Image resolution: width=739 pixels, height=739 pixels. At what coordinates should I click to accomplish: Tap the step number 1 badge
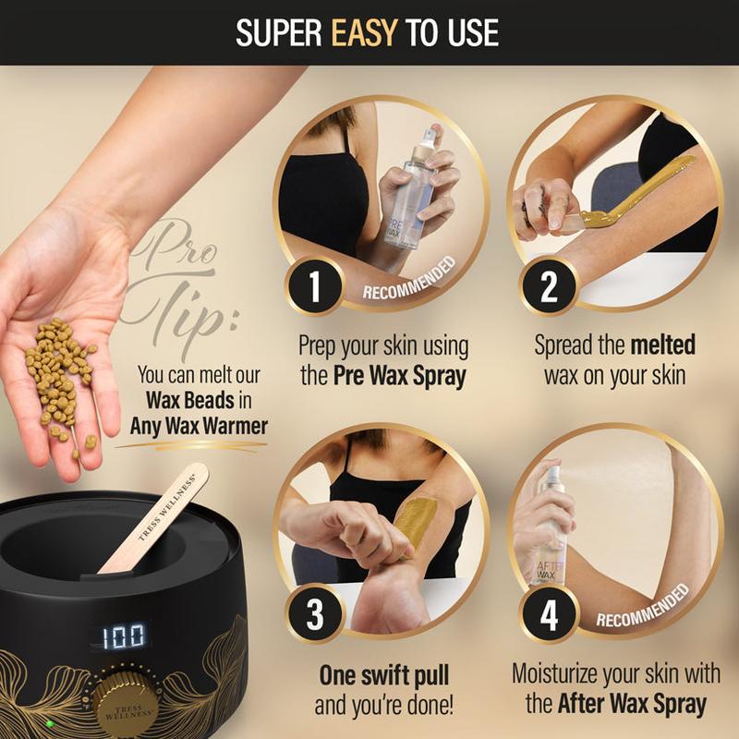(314, 285)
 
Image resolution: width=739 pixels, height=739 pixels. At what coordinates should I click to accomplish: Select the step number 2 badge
(548, 285)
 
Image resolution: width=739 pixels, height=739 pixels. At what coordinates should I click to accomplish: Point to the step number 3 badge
(314, 614)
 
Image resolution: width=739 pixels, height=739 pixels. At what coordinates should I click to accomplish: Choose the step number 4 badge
(548, 614)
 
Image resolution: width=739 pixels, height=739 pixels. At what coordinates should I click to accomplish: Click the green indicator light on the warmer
(50, 723)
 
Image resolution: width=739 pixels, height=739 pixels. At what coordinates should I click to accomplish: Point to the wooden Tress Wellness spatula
(153, 517)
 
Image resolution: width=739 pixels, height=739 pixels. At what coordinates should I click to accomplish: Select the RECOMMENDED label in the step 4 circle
(643, 606)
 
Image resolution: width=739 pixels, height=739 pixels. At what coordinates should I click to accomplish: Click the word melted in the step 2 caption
(662, 345)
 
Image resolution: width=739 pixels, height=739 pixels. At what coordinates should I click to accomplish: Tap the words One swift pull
(384, 675)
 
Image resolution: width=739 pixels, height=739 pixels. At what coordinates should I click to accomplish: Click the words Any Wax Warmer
(199, 426)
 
